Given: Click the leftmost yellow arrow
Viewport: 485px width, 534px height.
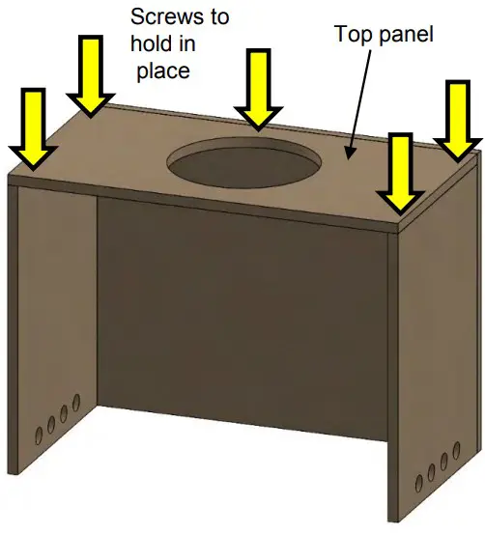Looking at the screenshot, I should (33, 126).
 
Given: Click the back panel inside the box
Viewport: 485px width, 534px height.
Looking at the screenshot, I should (242, 319).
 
